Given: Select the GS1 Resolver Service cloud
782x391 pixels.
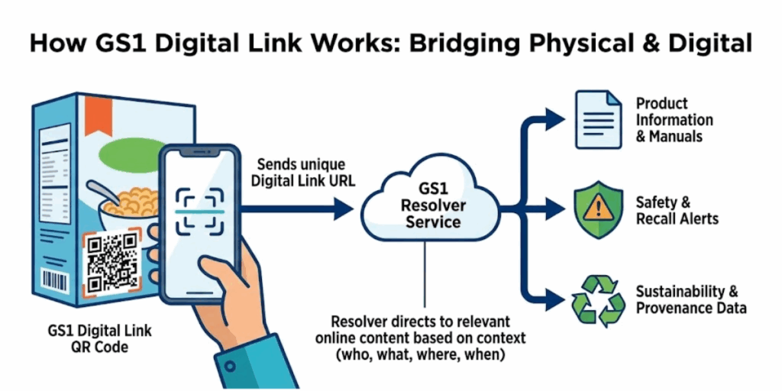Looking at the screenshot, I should coord(433,205).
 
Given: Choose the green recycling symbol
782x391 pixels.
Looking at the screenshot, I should coord(597,299).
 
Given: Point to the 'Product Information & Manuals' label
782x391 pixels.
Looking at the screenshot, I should coord(674,120).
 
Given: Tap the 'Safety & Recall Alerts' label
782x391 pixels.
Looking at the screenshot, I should coord(677,211).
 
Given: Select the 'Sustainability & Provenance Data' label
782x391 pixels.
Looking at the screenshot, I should coord(690,299).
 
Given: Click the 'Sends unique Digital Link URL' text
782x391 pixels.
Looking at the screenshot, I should coord(301,173).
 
